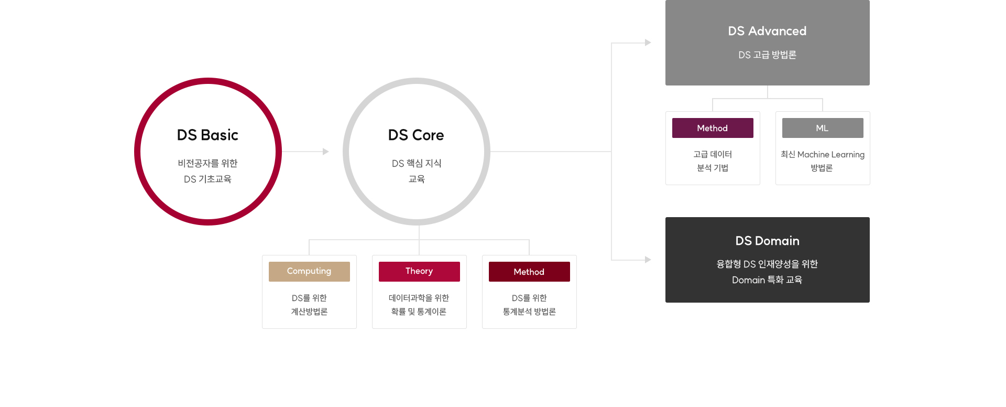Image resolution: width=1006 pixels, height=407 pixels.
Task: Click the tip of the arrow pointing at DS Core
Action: pyautogui.click(x=329, y=152)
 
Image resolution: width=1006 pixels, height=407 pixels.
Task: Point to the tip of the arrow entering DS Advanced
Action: pyautogui.click(x=651, y=42)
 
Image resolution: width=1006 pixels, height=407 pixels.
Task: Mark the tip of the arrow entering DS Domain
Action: pyautogui.click(x=651, y=260)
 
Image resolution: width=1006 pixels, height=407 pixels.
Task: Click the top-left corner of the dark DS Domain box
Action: pyautogui.click(x=665, y=217)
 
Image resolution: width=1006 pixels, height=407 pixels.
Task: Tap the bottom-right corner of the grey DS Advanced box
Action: pyautogui.click(x=870, y=85)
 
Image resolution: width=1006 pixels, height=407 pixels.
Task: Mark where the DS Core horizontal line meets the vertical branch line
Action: pyautogui.click(x=611, y=152)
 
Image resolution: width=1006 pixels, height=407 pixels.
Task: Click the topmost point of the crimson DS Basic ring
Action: pyautogui.click(x=208, y=78)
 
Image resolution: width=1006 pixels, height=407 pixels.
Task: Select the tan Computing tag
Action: pyautogui.click(x=309, y=272)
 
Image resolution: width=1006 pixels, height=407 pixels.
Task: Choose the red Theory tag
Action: pyautogui.click(x=419, y=272)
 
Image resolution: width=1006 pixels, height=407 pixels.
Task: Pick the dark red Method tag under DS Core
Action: pyautogui.click(x=529, y=272)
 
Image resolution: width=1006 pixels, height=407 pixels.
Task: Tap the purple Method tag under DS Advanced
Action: pyautogui.click(x=713, y=128)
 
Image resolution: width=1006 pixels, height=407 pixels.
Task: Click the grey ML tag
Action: pyautogui.click(x=823, y=128)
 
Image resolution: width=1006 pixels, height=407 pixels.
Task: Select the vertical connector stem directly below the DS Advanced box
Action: pyautogui.click(x=768, y=92)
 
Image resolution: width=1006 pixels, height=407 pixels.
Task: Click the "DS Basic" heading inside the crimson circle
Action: pyautogui.click(x=207, y=135)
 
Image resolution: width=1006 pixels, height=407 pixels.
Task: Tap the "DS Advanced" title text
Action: pyautogui.click(x=767, y=31)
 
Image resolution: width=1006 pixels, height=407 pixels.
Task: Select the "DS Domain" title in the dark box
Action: pyautogui.click(x=767, y=241)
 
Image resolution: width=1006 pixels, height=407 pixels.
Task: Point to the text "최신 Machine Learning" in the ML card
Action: pyautogui.click(x=823, y=154)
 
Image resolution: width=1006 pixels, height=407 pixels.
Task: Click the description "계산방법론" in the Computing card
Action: pyautogui.click(x=309, y=312)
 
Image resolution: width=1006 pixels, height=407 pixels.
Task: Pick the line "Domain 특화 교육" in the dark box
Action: pyautogui.click(x=767, y=280)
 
